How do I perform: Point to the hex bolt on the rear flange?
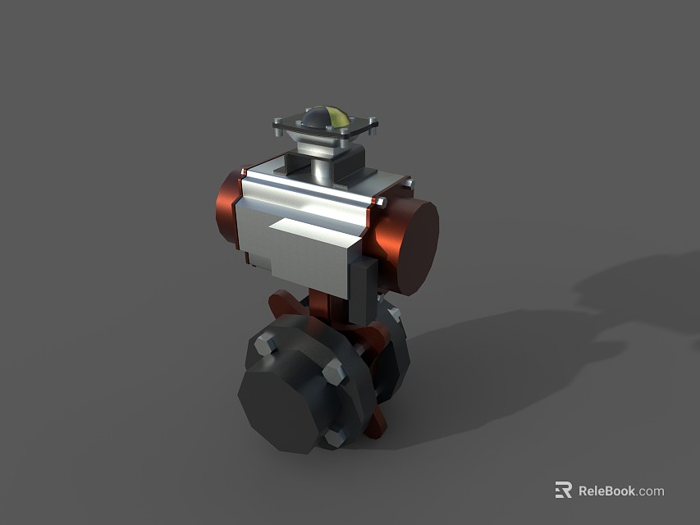pos(391,314)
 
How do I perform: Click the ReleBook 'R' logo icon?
pos(563,491)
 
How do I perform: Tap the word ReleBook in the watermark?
pos(606,491)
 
